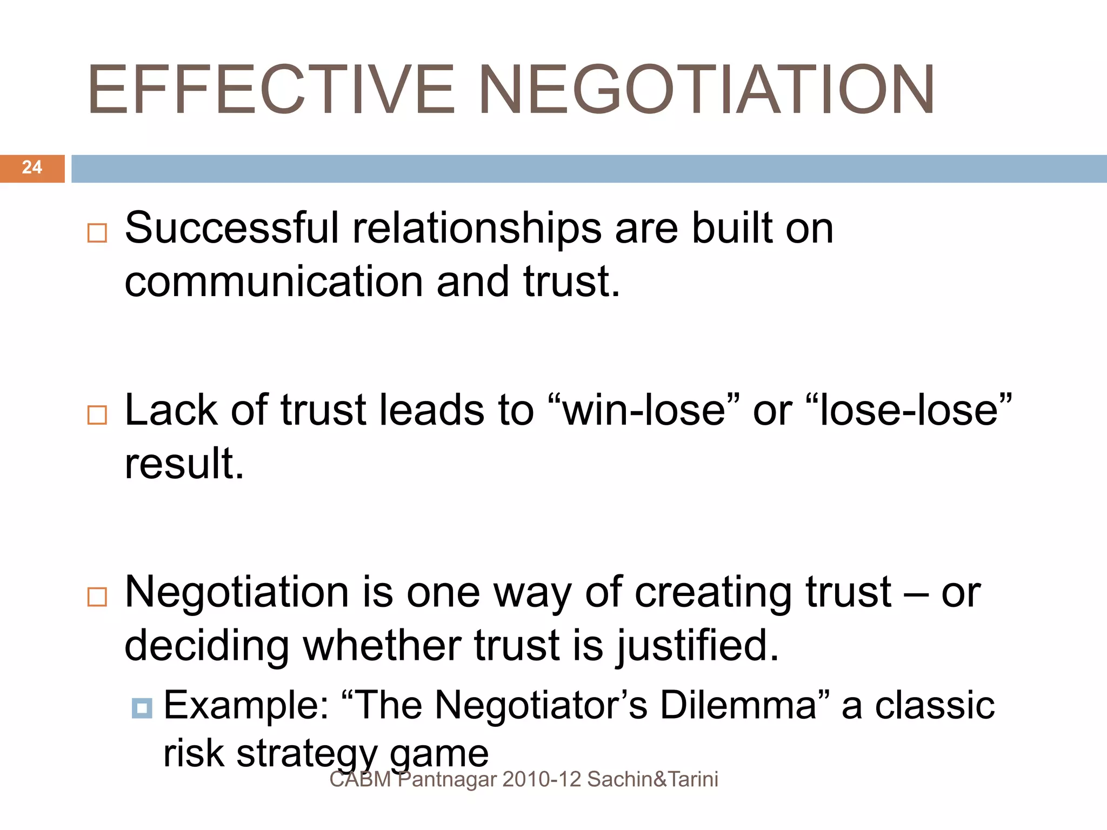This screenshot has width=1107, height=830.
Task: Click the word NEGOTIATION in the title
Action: pyautogui.click(x=706, y=90)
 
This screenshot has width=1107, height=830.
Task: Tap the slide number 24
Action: pyautogui.click(x=32, y=168)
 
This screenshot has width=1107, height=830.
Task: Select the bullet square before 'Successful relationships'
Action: pyautogui.click(x=97, y=233)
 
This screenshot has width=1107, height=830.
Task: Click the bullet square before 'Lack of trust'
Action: pyautogui.click(x=97, y=415)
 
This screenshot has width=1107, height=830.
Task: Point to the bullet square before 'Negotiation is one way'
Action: pyautogui.click(x=97, y=597)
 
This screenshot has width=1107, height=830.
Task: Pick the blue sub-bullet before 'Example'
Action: pyautogui.click(x=142, y=708)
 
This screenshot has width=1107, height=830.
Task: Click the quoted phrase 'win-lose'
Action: pyautogui.click(x=644, y=410)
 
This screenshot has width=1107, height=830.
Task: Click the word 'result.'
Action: pyautogui.click(x=184, y=464)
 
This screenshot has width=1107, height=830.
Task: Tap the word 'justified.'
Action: pyautogui.click(x=698, y=646)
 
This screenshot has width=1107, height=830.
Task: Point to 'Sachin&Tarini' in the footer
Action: pyautogui.click(x=652, y=780)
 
